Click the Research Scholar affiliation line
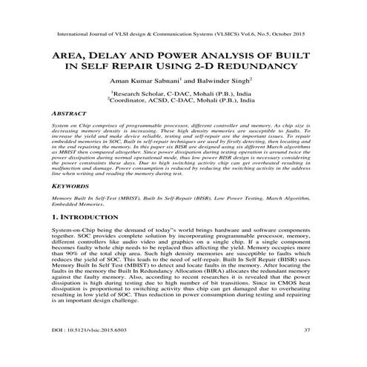coord(182,93)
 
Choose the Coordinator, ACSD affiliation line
coord(183,102)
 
